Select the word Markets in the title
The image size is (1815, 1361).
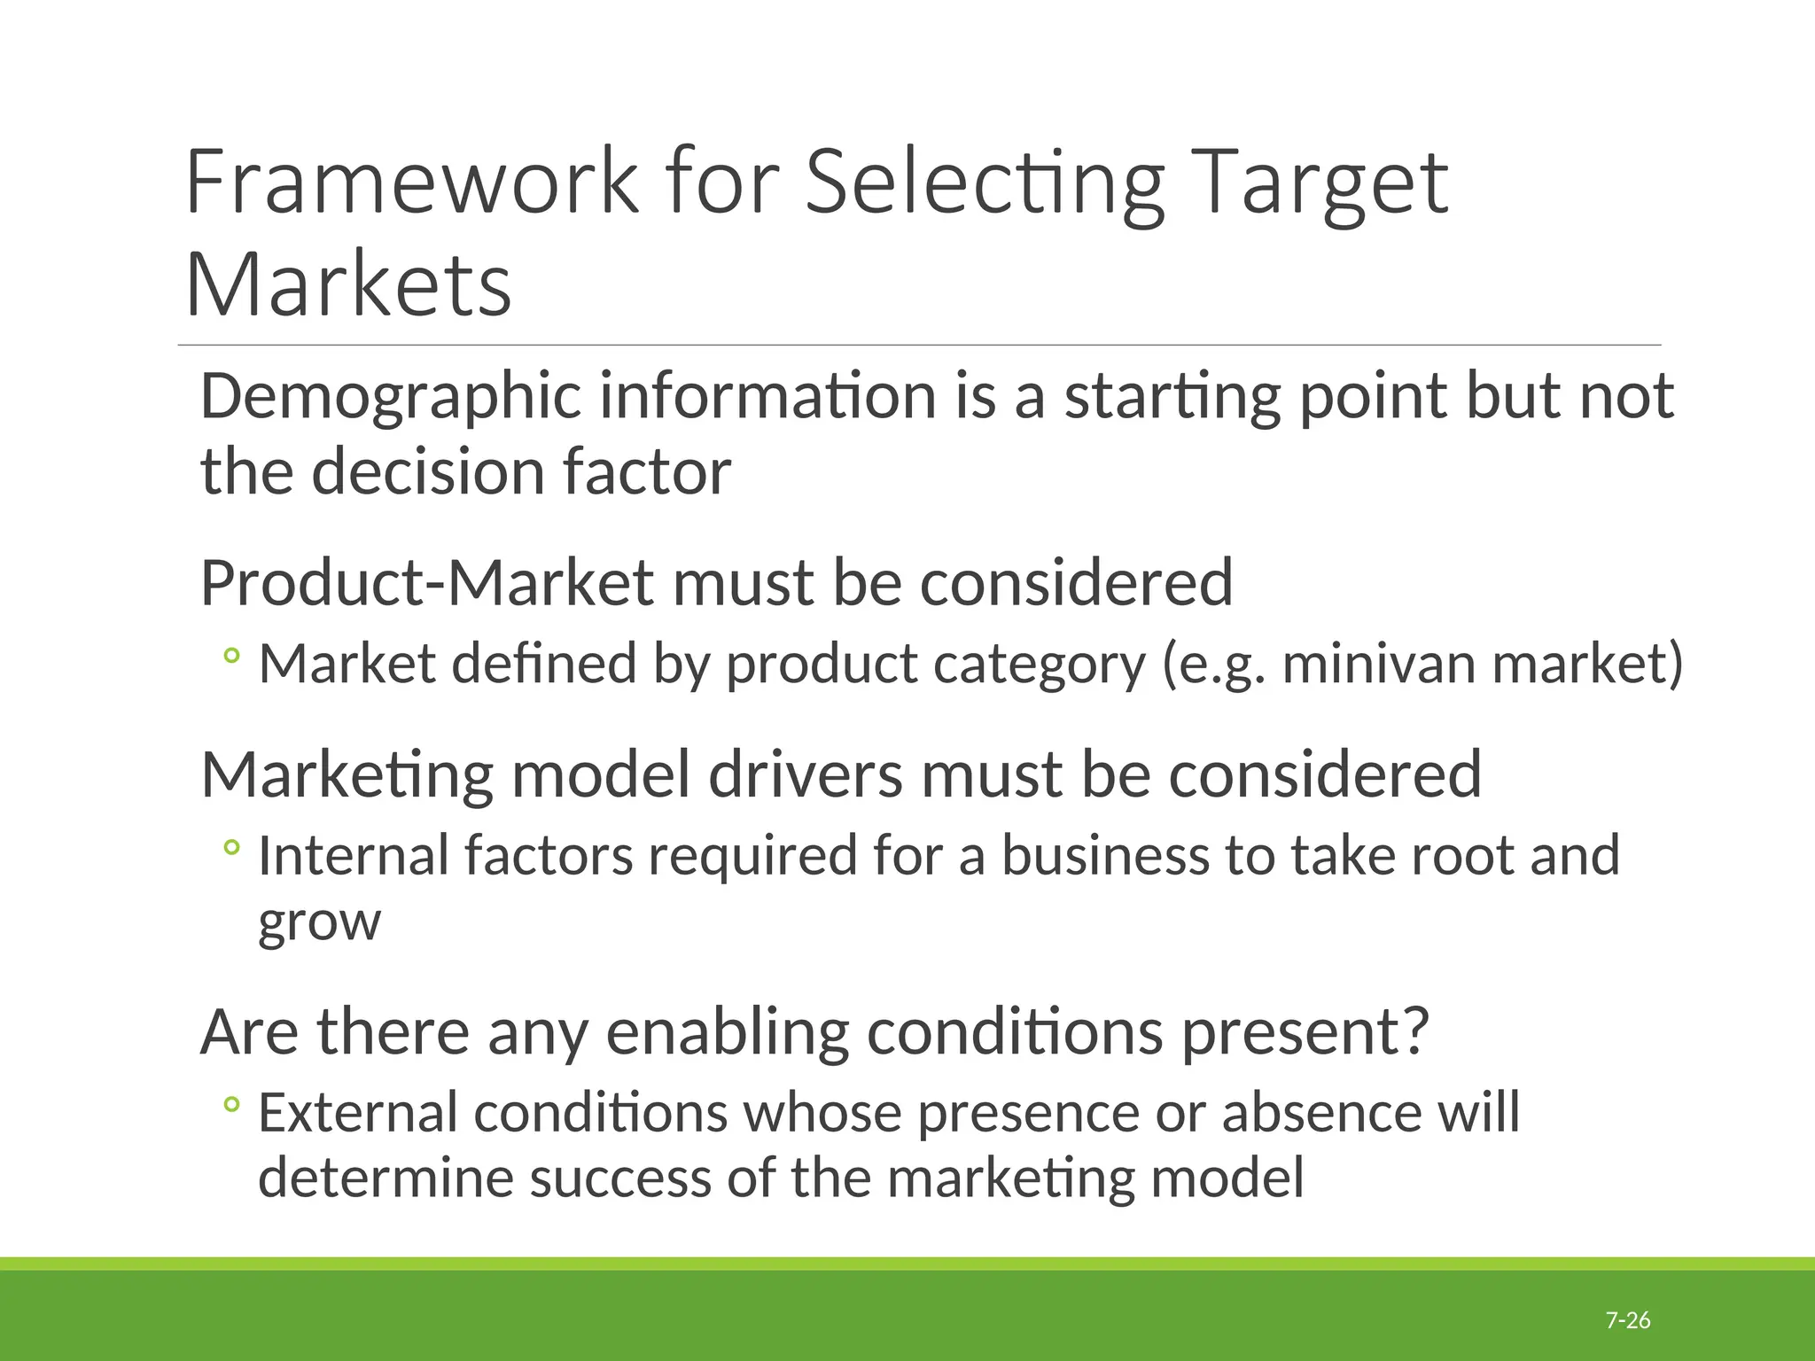click(348, 284)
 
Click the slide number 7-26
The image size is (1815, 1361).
click(1628, 1320)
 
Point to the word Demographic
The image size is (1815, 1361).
click(391, 396)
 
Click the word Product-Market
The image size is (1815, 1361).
click(427, 582)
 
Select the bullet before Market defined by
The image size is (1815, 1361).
click(231, 656)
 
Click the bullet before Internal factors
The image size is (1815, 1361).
click(231, 848)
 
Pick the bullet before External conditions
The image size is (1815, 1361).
click(231, 1104)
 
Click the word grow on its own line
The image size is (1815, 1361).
click(319, 923)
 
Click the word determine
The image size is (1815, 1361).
click(386, 1178)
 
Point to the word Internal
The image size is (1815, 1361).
click(354, 855)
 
